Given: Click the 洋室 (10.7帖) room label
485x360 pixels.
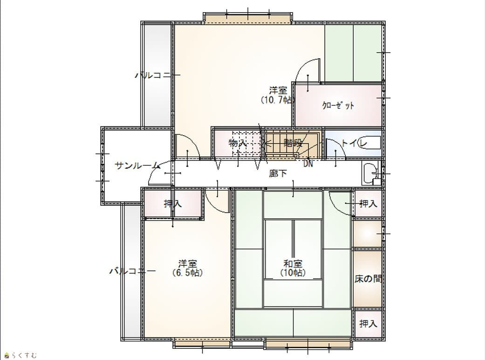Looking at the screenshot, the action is pyautogui.click(x=278, y=95).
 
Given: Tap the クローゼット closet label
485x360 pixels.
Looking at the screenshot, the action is pyautogui.click(x=338, y=105).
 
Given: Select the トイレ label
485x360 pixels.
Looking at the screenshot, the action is pyautogui.click(x=354, y=143).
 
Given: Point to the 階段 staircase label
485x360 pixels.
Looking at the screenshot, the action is pyautogui.click(x=293, y=143).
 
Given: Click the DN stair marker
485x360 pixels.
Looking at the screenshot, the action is pyautogui.click(x=308, y=164).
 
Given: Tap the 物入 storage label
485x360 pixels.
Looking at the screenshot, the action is pyautogui.click(x=238, y=143).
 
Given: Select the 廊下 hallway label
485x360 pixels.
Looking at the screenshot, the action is pyautogui.click(x=278, y=173).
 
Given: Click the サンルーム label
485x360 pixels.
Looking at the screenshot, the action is pyautogui.click(x=137, y=166).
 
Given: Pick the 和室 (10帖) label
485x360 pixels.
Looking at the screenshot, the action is pyautogui.click(x=293, y=269).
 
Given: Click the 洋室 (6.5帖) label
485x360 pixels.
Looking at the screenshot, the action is pyautogui.click(x=187, y=269).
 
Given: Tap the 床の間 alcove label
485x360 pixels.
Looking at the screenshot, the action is pyautogui.click(x=368, y=279).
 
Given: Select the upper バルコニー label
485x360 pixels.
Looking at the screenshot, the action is pyautogui.click(x=157, y=75).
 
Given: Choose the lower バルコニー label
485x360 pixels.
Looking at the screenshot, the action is pyautogui.click(x=132, y=271).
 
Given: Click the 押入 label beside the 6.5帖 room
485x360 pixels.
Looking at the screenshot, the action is pyautogui.click(x=173, y=204).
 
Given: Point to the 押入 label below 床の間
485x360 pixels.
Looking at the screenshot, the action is pyautogui.click(x=368, y=324).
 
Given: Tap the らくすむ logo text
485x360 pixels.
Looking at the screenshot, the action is pyautogui.click(x=24, y=355).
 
